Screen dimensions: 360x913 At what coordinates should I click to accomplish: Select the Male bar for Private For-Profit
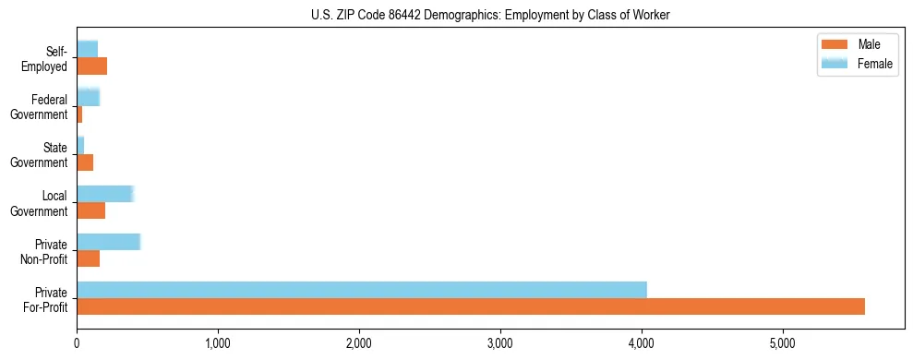(x=471, y=306)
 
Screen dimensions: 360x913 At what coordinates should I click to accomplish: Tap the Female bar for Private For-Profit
(x=362, y=290)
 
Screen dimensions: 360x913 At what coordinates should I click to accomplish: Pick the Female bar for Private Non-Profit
(x=108, y=242)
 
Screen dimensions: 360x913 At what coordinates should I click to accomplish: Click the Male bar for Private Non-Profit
(x=88, y=258)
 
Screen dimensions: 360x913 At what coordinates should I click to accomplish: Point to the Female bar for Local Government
(x=105, y=194)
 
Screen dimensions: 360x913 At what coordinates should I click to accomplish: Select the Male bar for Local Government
(x=90, y=210)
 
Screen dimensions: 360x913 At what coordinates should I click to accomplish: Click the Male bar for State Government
(x=85, y=162)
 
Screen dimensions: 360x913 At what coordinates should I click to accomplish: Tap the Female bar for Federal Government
(x=88, y=97)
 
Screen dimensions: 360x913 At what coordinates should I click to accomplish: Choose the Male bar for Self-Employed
(x=91, y=66)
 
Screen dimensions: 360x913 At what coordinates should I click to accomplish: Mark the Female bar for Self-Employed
(x=87, y=49)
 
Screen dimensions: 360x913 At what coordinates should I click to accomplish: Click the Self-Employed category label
(x=49, y=58)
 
